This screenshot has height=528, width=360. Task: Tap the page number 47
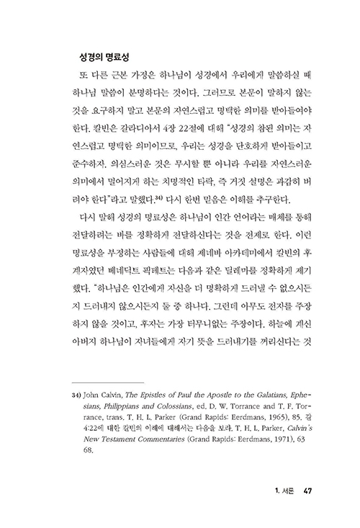coord(307,493)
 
